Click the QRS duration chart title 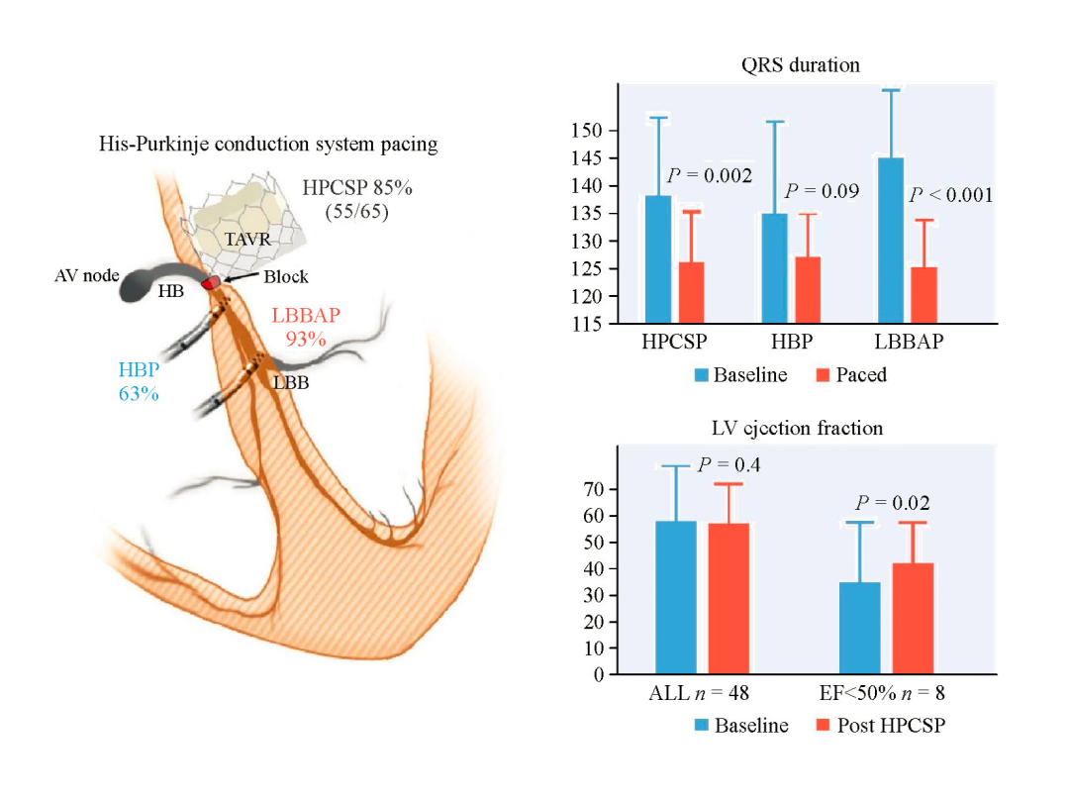point(801,65)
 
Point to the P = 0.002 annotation point(709,175)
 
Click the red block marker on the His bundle point(211,283)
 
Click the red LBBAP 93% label point(306,328)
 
